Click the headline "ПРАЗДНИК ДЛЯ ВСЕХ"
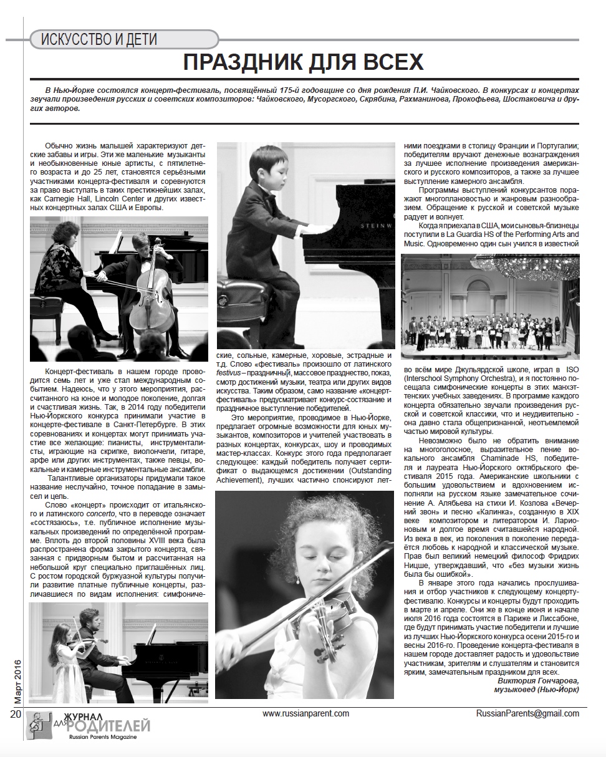(304, 62)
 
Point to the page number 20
(15, 714)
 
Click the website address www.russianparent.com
(305, 713)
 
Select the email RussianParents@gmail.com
(527, 713)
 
